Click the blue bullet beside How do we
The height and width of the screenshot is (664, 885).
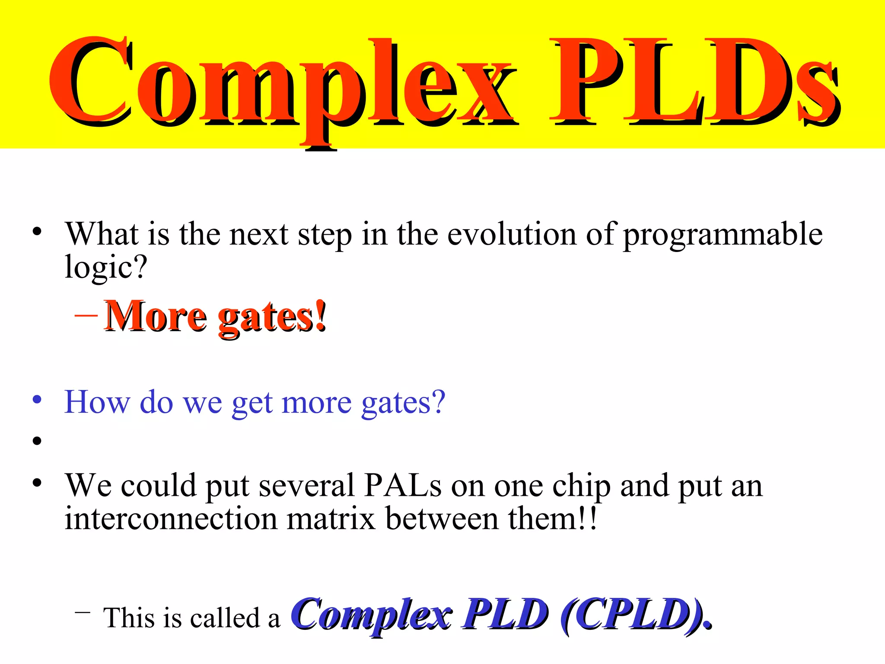click(37, 399)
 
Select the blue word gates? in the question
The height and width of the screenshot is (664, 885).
click(403, 403)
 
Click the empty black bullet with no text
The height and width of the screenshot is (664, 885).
click(37, 441)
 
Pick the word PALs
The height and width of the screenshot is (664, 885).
click(402, 485)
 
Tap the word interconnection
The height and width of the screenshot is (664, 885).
click(171, 518)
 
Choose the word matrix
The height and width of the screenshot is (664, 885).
click(331, 518)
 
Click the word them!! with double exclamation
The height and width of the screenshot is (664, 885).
click(553, 518)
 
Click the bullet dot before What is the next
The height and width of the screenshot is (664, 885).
click(37, 231)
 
